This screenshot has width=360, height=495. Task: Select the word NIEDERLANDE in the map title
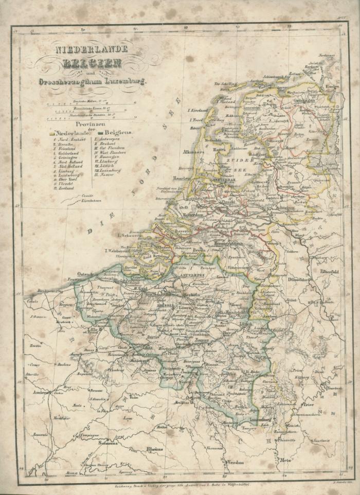tap(92, 51)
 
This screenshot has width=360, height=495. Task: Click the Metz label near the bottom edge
tap(286, 460)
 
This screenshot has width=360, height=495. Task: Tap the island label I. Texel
tap(196, 119)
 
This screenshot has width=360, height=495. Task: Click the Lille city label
tap(93, 330)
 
